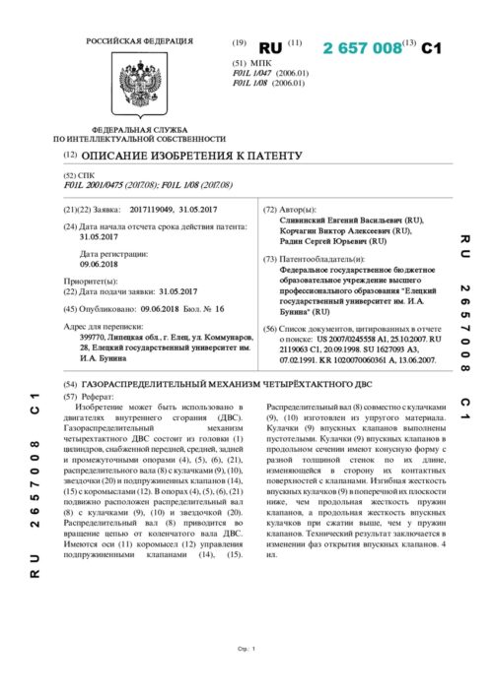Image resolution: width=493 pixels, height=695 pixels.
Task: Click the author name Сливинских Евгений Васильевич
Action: click(x=342, y=221)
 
